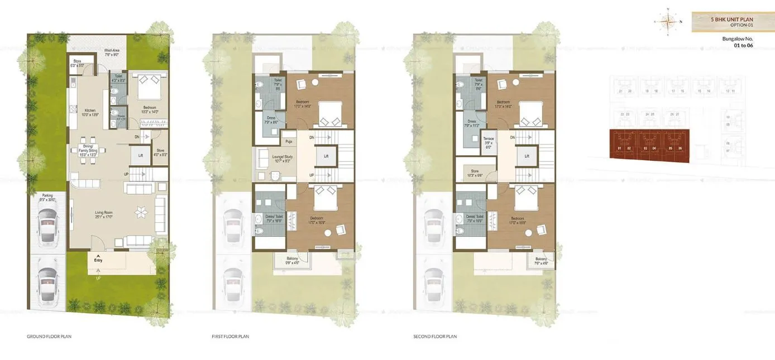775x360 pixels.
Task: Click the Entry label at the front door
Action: coord(99,260)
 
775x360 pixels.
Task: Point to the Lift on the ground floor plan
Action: coord(140,155)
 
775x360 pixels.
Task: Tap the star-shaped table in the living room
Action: coord(140,212)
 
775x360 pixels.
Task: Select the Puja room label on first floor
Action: coord(289,142)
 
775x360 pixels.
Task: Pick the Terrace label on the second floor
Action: coord(488,140)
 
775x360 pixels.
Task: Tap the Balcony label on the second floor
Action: coord(540,260)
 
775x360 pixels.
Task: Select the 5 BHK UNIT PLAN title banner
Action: coord(732,22)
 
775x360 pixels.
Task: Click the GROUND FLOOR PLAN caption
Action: coord(49,337)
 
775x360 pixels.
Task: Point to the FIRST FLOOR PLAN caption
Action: coord(230,337)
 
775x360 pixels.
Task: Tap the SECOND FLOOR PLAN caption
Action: coord(435,337)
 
